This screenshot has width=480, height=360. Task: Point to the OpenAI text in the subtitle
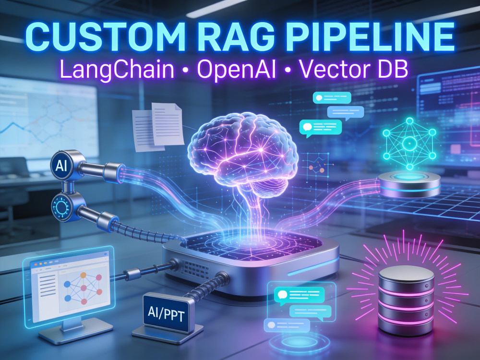point(236,70)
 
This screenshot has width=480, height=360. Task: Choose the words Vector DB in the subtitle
point(354,69)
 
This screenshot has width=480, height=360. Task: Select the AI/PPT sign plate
point(166,313)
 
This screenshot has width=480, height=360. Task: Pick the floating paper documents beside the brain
point(158,127)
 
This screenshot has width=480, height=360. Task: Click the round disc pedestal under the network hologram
point(409,184)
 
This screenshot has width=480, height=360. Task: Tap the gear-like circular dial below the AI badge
point(61,207)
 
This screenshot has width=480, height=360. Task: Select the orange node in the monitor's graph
point(83,275)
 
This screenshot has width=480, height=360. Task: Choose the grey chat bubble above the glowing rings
point(287,325)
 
